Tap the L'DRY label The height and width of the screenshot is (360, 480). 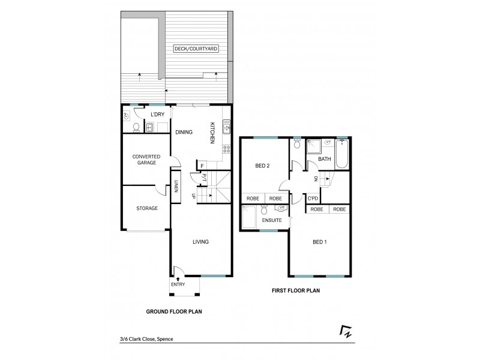click(x=158, y=114)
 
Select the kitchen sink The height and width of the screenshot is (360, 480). click(x=226, y=126)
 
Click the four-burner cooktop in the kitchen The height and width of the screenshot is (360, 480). click(x=226, y=149)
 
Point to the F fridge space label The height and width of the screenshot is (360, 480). click(x=202, y=166)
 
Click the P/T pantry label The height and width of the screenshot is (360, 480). click(x=204, y=177)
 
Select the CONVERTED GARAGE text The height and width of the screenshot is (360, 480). click(x=146, y=159)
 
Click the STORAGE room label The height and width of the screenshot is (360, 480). click(x=146, y=208)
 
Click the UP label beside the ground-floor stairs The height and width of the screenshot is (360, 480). click(x=193, y=196)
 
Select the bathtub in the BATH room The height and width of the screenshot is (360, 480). click(x=342, y=154)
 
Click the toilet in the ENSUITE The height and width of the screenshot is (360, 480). click(x=264, y=211)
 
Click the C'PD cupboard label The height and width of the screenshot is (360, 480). click(x=312, y=199)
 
